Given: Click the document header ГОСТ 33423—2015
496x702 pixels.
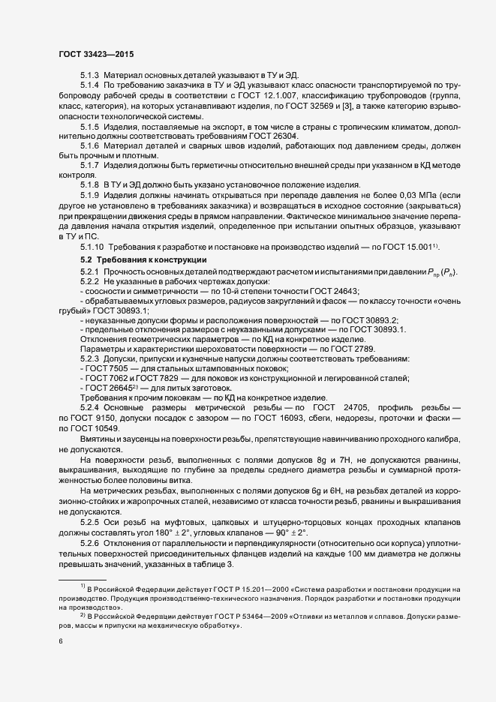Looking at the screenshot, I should (x=96, y=53).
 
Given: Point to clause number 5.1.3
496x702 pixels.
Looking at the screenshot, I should (x=90, y=77).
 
